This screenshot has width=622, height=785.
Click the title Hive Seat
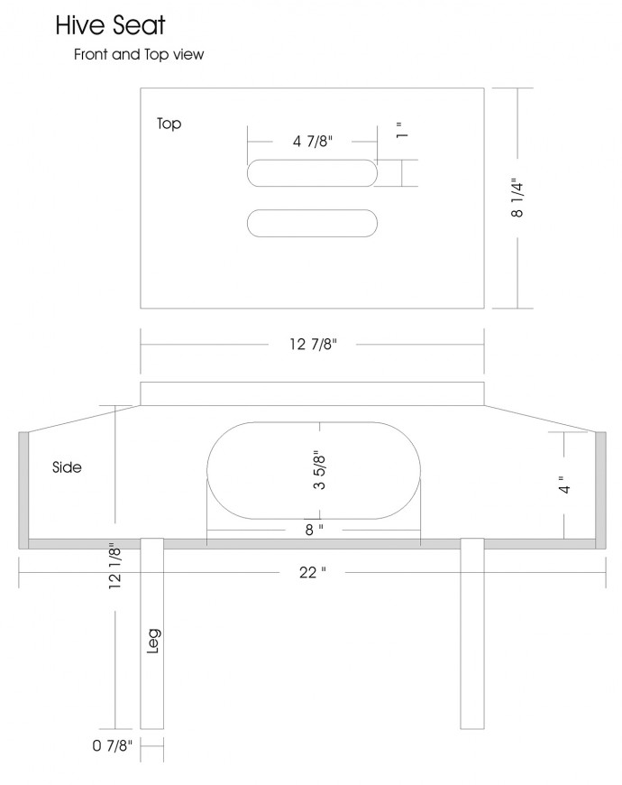(110, 25)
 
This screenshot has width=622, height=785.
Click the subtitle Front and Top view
(139, 54)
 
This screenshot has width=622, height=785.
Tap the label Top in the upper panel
(169, 124)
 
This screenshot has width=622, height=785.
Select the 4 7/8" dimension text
(313, 141)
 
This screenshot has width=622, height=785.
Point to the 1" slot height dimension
(402, 130)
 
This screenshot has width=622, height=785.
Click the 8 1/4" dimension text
(517, 198)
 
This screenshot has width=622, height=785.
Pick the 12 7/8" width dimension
(313, 344)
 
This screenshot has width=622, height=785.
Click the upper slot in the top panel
(312, 173)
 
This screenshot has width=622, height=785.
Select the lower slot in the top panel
(312, 223)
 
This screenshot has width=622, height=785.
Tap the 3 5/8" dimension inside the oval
(319, 471)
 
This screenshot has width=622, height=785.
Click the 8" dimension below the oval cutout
(314, 529)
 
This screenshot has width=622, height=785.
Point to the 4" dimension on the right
(564, 485)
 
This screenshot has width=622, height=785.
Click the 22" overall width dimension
(313, 572)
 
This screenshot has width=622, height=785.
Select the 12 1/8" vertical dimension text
(114, 565)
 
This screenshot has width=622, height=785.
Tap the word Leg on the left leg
(153, 641)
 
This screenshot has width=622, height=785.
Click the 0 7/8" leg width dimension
(113, 745)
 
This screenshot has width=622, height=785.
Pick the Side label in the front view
(67, 467)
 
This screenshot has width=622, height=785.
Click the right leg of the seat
(472, 633)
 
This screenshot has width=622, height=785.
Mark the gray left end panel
(23, 490)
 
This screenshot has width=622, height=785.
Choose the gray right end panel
(600, 490)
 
